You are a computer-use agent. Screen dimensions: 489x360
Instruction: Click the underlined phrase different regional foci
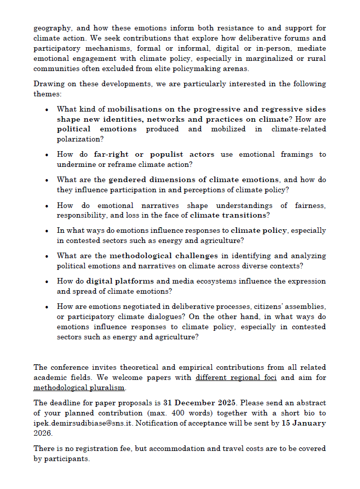tap(236, 377)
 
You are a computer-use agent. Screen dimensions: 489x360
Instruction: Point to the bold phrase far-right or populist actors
tap(154, 154)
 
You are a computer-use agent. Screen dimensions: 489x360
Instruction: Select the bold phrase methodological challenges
tap(163, 256)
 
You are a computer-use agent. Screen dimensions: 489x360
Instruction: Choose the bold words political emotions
tap(97, 129)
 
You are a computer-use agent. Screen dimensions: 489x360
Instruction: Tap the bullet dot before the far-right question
tap(47, 155)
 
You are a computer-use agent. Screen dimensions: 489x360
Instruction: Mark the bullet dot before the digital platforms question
tap(47, 282)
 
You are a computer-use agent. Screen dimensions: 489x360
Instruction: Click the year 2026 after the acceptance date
tap(44, 433)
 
